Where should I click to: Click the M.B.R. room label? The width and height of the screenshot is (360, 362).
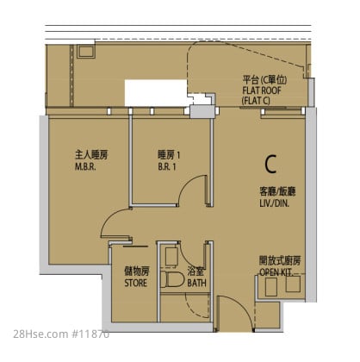(x=85, y=167)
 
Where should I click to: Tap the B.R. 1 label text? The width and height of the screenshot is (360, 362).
(x=167, y=167)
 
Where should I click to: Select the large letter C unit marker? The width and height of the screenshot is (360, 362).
(x=270, y=164)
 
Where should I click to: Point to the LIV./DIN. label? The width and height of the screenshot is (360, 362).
(x=274, y=203)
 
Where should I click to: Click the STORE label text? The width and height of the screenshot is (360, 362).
(x=136, y=283)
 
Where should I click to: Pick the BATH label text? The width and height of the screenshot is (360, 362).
(x=196, y=283)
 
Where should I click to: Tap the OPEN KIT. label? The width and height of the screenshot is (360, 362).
(x=276, y=272)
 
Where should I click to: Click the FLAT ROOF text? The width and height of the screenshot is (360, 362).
(x=262, y=90)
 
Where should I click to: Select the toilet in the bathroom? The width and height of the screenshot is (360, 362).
(x=172, y=279)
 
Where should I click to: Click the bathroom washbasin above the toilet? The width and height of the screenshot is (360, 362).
(x=172, y=256)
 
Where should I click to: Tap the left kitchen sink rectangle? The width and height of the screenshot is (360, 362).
(x=270, y=286)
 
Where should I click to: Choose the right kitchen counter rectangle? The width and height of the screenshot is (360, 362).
(x=293, y=284)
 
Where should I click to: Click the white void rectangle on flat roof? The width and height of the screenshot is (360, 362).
(x=156, y=93)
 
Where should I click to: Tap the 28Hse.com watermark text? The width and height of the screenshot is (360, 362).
(x=40, y=334)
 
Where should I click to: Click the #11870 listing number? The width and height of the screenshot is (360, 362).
(x=90, y=334)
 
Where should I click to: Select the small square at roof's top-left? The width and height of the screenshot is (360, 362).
(x=86, y=52)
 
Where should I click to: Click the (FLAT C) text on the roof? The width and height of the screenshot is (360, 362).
(x=256, y=101)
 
